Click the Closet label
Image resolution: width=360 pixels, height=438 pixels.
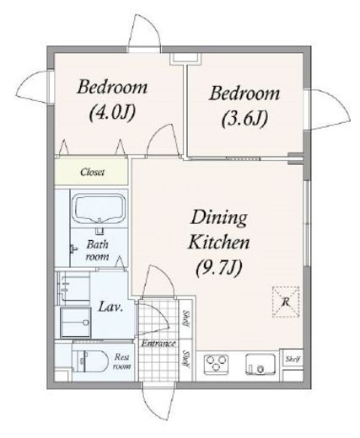[x=92, y=172]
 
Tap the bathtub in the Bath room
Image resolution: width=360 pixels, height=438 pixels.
[x=99, y=209]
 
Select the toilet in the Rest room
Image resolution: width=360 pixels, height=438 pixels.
[x=90, y=361]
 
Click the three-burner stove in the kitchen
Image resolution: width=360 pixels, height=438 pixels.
[x=216, y=364]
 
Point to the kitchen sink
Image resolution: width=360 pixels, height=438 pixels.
[x=261, y=364]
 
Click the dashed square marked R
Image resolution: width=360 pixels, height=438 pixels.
[x=286, y=302]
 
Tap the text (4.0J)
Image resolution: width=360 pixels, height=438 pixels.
[x=112, y=113]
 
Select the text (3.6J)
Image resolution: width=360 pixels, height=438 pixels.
[x=244, y=119]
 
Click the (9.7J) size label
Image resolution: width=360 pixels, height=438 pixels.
[x=218, y=269]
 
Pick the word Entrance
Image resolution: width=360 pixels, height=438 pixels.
[x=159, y=344]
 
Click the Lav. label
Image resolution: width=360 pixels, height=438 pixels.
[x=110, y=307]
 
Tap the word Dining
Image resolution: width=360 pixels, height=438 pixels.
[x=219, y=219]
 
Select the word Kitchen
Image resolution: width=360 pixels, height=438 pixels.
[x=219, y=243]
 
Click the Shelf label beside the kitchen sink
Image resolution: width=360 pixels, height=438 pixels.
[x=293, y=359]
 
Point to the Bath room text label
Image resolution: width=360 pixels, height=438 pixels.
[x=97, y=250]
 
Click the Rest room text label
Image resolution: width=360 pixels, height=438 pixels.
[x=122, y=361]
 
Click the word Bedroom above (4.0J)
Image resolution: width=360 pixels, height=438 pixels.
[x=112, y=87]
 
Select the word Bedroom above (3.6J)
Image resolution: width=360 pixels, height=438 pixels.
[x=244, y=93]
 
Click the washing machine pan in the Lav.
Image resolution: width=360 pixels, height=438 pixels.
[x=76, y=322]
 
